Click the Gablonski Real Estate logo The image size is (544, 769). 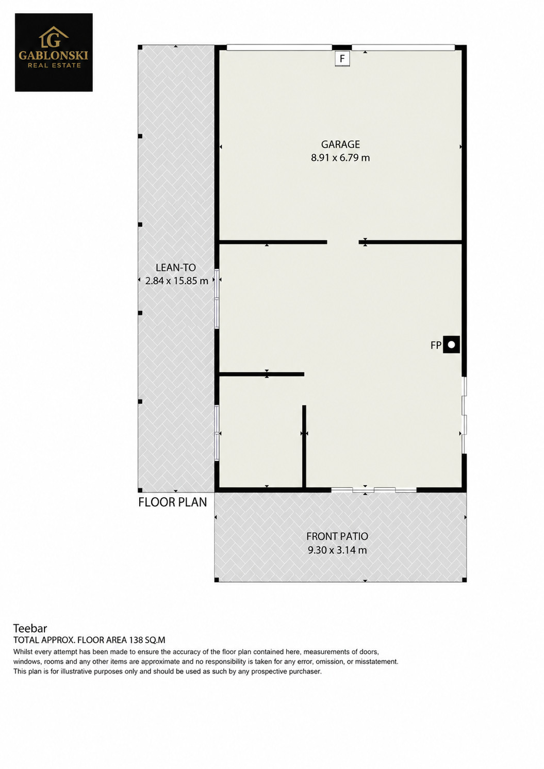click(x=54, y=52)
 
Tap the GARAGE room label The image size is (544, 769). click(x=340, y=144)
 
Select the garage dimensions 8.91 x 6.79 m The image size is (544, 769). click(x=340, y=158)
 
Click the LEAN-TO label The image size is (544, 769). click(x=176, y=268)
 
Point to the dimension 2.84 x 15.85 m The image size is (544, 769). click(x=177, y=281)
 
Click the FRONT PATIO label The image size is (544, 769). click(x=337, y=536)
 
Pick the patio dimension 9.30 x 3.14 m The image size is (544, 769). click(x=337, y=550)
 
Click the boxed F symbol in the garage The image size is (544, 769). click(x=342, y=59)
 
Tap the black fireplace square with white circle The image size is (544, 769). click(x=451, y=345)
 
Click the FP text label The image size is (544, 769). click(x=436, y=345)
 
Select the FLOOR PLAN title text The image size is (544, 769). click(x=173, y=502)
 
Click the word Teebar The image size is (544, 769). click(x=30, y=629)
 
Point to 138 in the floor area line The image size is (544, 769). click(x=136, y=640)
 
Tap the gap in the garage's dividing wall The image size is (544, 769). click(x=343, y=242)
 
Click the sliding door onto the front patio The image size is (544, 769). click(x=374, y=490)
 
